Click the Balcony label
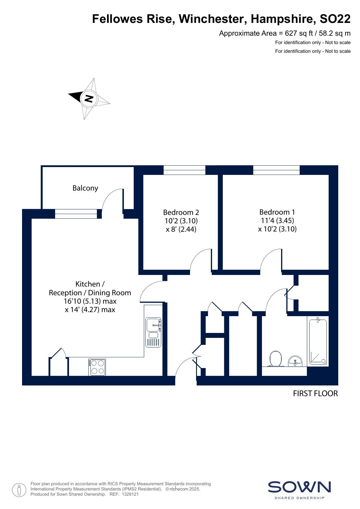click(x=85, y=188)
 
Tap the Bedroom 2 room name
click(x=181, y=212)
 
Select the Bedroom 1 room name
click(x=277, y=212)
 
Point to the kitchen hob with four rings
click(x=98, y=367)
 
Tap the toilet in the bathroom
click(x=276, y=359)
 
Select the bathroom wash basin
click(x=295, y=361)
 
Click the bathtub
click(x=318, y=341)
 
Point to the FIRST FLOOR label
click(x=315, y=394)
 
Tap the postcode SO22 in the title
click(x=335, y=19)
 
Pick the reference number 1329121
click(x=130, y=494)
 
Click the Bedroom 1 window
click(x=276, y=170)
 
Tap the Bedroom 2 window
click(x=184, y=170)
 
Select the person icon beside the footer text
click(x=19, y=490)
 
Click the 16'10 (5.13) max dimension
click(x=90, y=301)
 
